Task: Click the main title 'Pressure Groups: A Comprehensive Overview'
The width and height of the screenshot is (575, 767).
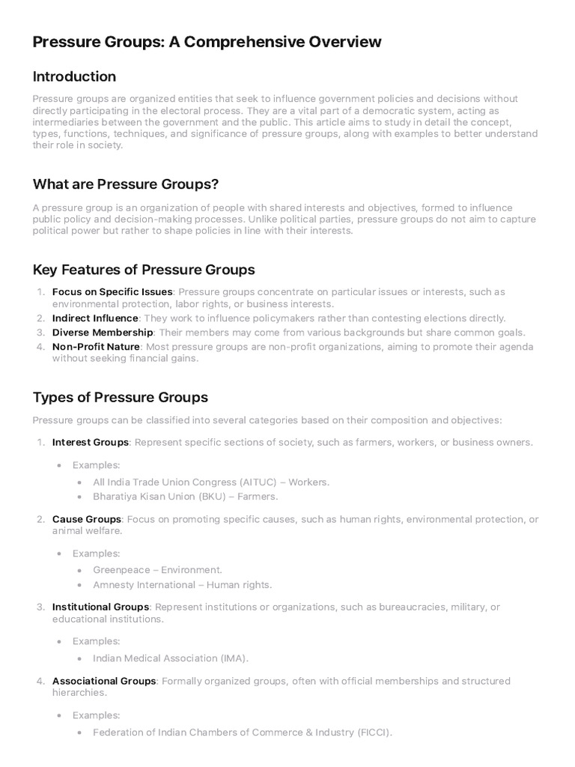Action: (207, 42)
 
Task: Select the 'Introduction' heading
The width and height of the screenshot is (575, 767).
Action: (74, 76)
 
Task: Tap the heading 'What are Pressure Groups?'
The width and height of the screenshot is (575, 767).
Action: (126, 184)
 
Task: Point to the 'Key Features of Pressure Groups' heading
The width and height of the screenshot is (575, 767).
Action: (144, 270)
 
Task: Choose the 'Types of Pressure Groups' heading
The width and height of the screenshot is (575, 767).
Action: (121, 397)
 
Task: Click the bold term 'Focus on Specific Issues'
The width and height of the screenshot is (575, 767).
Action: (112, 291)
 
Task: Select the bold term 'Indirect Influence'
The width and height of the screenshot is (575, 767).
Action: (95, 318)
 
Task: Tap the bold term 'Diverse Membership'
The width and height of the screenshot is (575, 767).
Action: (103, 332)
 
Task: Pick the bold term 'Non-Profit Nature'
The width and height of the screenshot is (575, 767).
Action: (96, 346)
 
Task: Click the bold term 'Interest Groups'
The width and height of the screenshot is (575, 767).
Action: (91, 442)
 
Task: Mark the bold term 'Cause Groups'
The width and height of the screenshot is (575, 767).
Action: (87, 519)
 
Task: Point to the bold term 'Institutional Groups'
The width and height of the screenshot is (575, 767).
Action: (101, 607)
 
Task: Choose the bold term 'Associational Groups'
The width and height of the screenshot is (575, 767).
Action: (104, 681)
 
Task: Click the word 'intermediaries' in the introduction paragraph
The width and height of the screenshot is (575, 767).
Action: (67, 122)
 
